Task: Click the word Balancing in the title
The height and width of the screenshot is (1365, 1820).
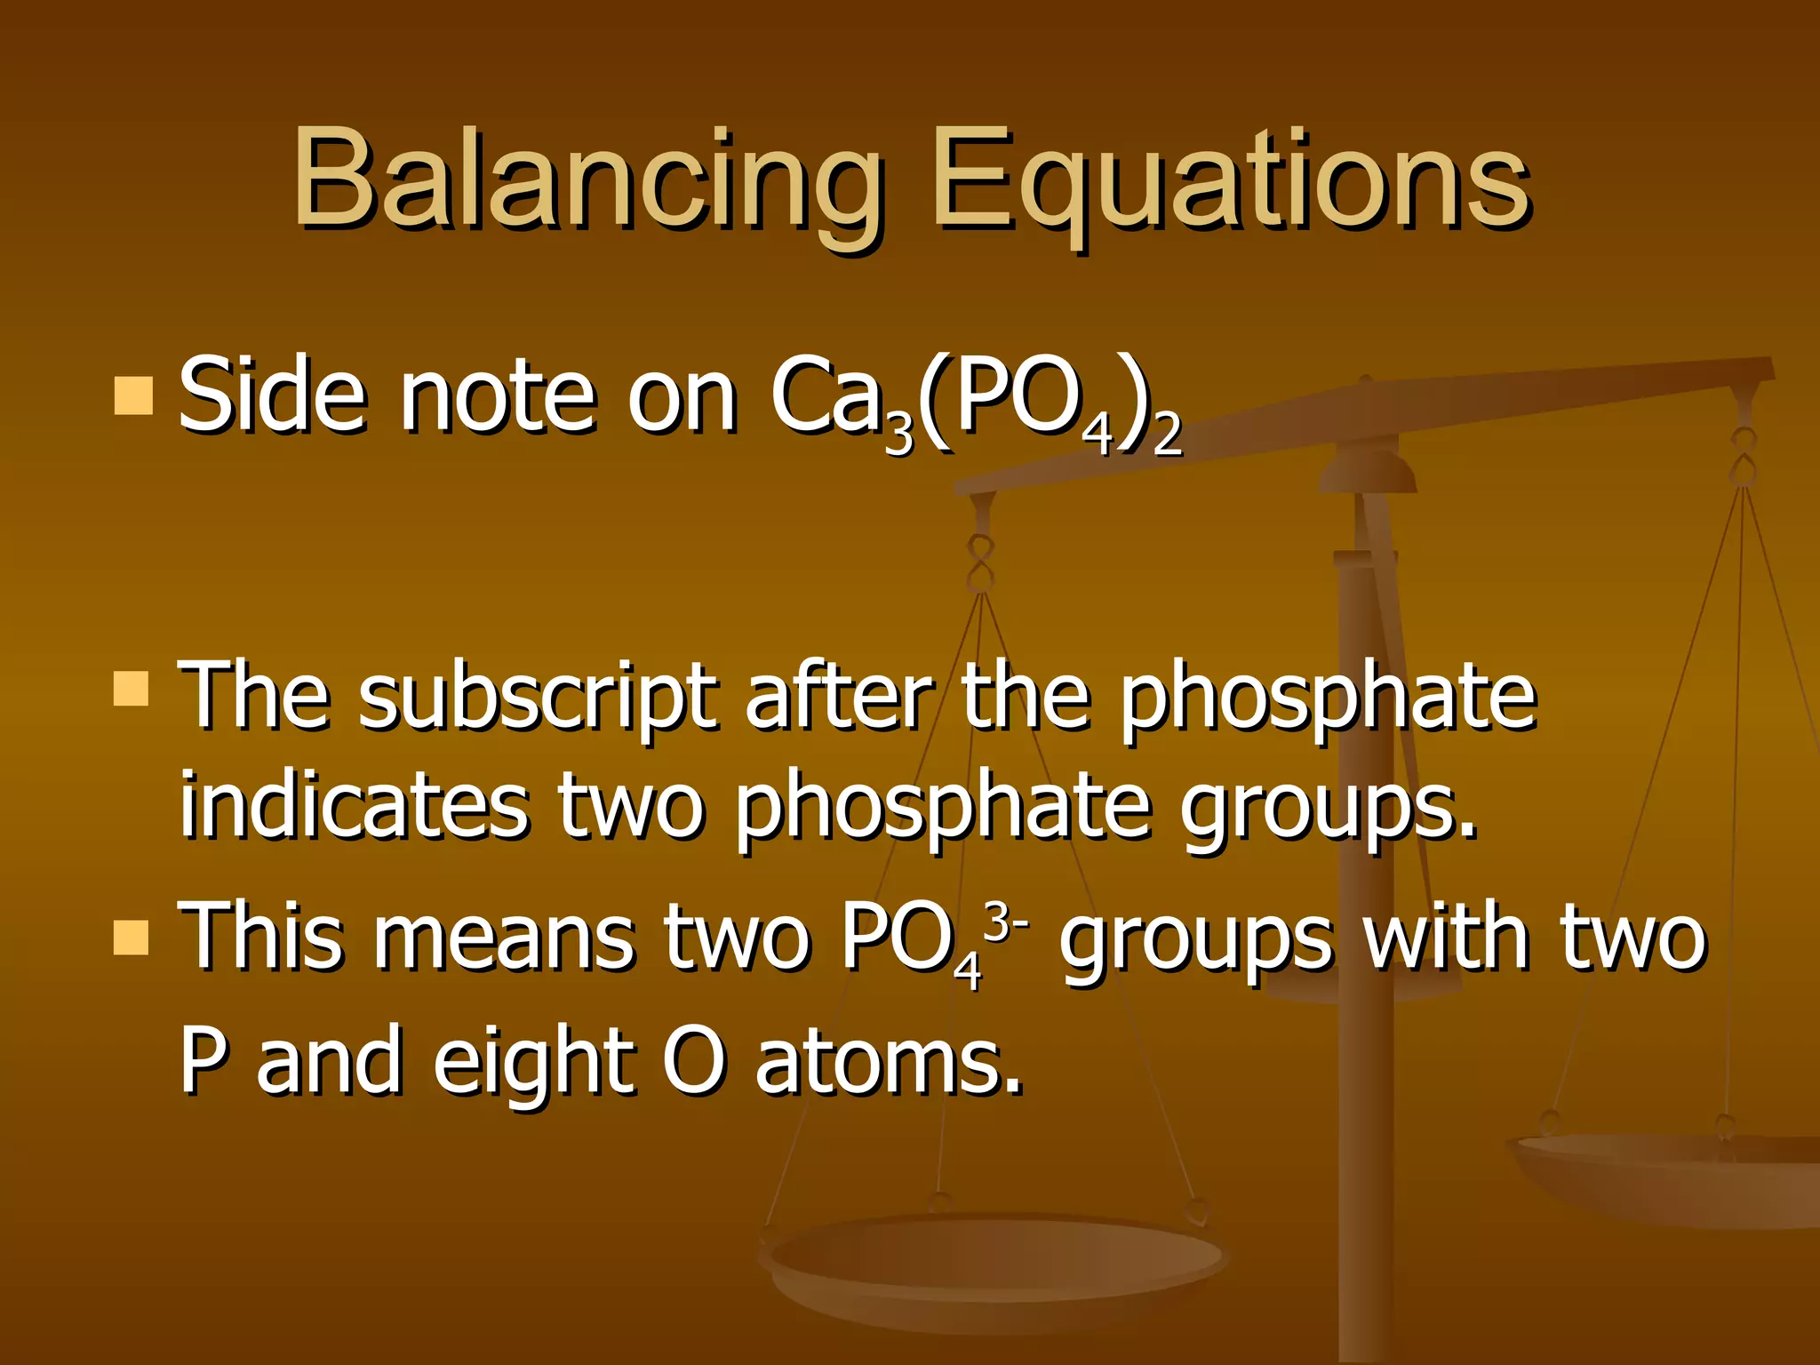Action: point(587,182)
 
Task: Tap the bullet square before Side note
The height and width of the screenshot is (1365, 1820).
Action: point(133,395)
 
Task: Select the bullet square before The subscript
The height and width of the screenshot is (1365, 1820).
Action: point(132,688)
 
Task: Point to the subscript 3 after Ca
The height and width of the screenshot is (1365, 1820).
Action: point(898,436)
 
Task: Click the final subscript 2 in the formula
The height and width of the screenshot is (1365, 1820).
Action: point(1167,436)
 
